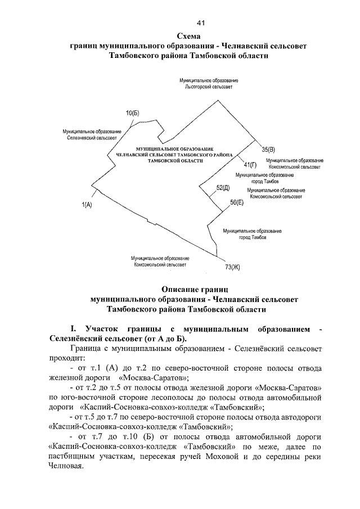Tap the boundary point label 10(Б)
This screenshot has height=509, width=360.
point(132,113)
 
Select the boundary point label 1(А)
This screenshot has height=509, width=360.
point(87,205)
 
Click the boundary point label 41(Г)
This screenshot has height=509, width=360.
point(250,164)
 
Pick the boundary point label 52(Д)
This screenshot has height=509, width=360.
point(223,187)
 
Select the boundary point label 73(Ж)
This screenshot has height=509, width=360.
point(228,267)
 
